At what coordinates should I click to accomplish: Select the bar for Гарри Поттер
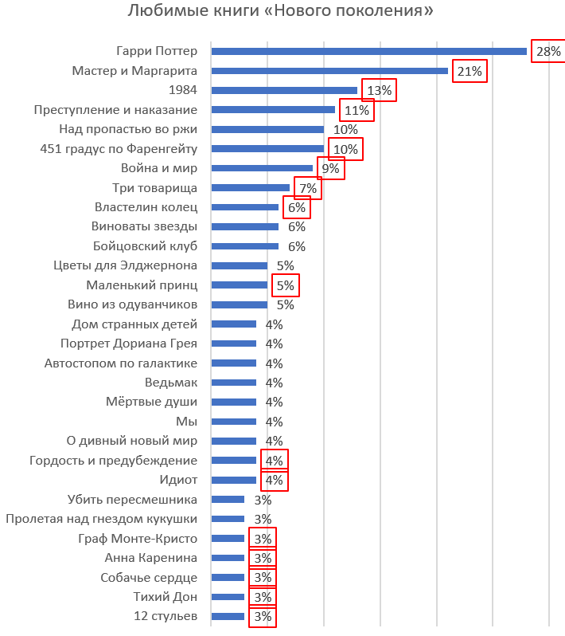tap(368, 51)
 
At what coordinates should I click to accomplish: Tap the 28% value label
tap(548, 51)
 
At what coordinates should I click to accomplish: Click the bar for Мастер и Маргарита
tap(329, 71)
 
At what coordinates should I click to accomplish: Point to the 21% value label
tap(470, 71)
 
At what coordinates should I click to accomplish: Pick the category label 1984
tap(184, 90)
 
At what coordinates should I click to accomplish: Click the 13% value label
tap(379, 90)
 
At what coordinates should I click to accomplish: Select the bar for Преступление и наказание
tap(273, 110)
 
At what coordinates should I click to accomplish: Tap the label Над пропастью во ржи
tap(128, 129)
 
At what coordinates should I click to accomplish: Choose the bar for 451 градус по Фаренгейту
tap(267, 148)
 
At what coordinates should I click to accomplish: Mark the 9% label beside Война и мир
tap(330, 168)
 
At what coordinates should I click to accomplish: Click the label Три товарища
tap(155, 188)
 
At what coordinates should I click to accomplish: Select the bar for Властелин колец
tap(244, 207)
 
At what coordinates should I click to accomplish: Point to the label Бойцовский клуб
tap(145, 246)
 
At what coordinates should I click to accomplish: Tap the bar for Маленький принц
tap(239, 285)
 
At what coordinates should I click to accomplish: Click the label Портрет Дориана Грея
tap(129, 344)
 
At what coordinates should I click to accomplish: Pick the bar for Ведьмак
tap(233, 383)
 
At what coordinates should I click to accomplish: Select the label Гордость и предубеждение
tap(113, 461)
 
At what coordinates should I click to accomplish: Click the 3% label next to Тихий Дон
tap(263, 597)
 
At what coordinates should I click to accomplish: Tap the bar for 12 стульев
tap(228, 616)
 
